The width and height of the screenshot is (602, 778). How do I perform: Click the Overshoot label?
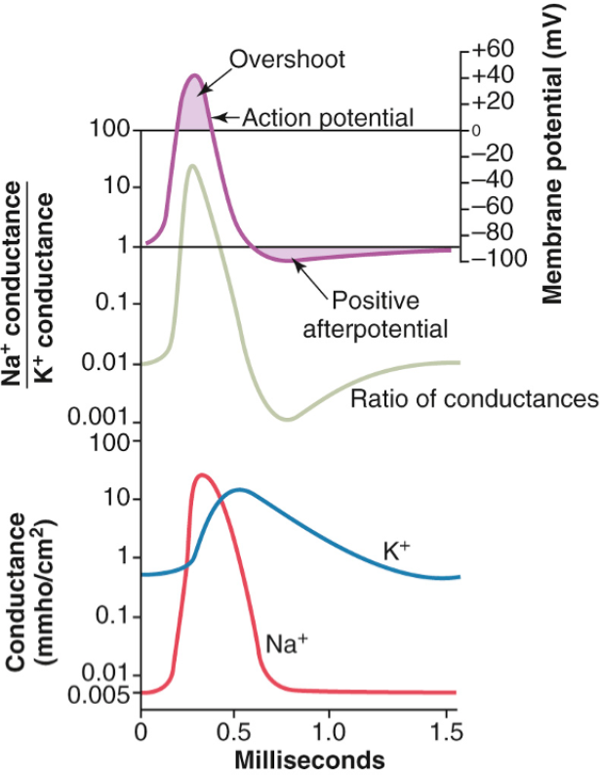point(288,60)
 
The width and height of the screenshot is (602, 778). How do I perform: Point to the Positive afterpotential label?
point(376,314)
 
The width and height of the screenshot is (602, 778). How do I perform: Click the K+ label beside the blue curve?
point(395,551)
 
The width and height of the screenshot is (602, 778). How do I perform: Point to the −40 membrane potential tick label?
point(490,180)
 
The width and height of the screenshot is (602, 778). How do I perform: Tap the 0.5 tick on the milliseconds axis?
point(235,730)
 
